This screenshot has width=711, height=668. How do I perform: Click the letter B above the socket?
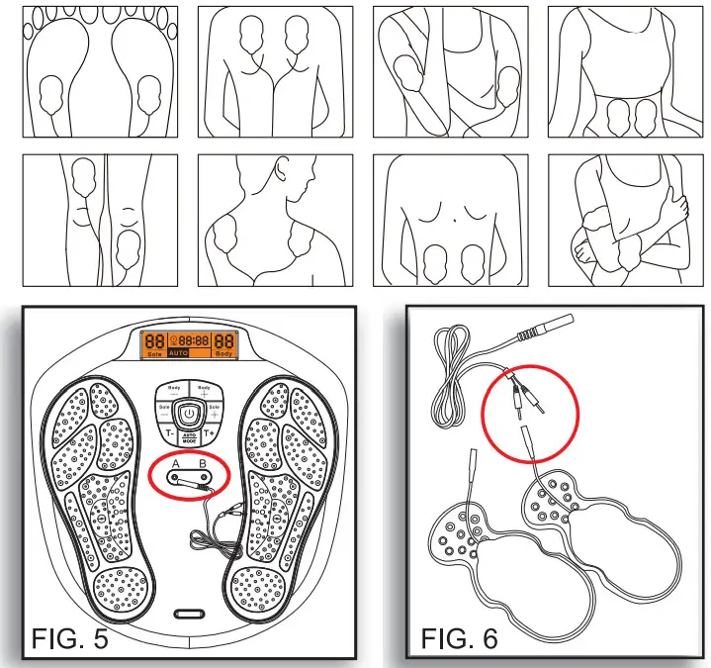pyautogui.click(x=203, y=462)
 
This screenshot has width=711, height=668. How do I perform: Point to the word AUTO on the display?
pyautogui.click(x=179, y=352)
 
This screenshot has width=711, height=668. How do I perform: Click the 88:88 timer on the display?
pyautogui.click(x=194, y=338)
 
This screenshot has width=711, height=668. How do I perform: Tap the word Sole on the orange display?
pyautogui.click(x=153, y=352)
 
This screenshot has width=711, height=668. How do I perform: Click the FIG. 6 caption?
pyautogui.click(x=460, y=637)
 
